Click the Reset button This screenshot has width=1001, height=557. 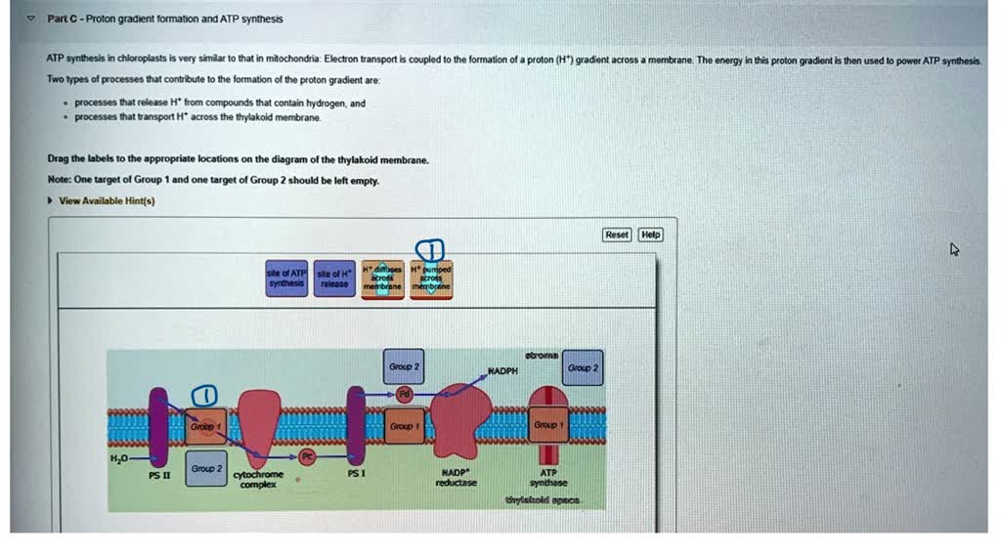pyautogui.click(x=617, y=235)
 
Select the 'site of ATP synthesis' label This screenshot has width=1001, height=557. pyautogui.click(x=287, y=278)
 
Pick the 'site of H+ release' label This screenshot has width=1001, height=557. pyautogui.click(x=335, y=278)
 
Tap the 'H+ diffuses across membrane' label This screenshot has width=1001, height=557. pyautogui.click(x=382, y=278)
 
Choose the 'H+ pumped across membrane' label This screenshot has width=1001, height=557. pyautogui.click(x=431, y=278)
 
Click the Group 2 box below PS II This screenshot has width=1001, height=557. pyautogui.click(x=206, y=469)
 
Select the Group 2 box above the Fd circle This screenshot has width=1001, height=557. pyautogui.click(x=404, y=365)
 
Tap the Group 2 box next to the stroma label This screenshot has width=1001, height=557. pyautogui.click(x=583, y=367)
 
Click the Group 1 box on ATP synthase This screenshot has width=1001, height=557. pyautogui.click(x=547, y=425)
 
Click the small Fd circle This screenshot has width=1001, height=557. pyautogui.click(x=404, y=393)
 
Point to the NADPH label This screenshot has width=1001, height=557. pyautogui.click(x=501, y=371)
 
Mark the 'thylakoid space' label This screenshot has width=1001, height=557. pyautogui.click(x=543, y=499)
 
